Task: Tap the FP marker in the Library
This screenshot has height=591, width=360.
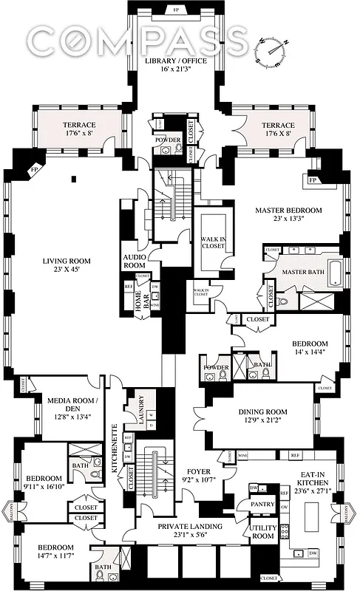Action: click(x=176, y=10)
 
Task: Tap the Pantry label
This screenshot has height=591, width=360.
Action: click(x=262, y=505)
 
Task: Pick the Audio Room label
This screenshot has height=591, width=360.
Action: click(x=135, y=262)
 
